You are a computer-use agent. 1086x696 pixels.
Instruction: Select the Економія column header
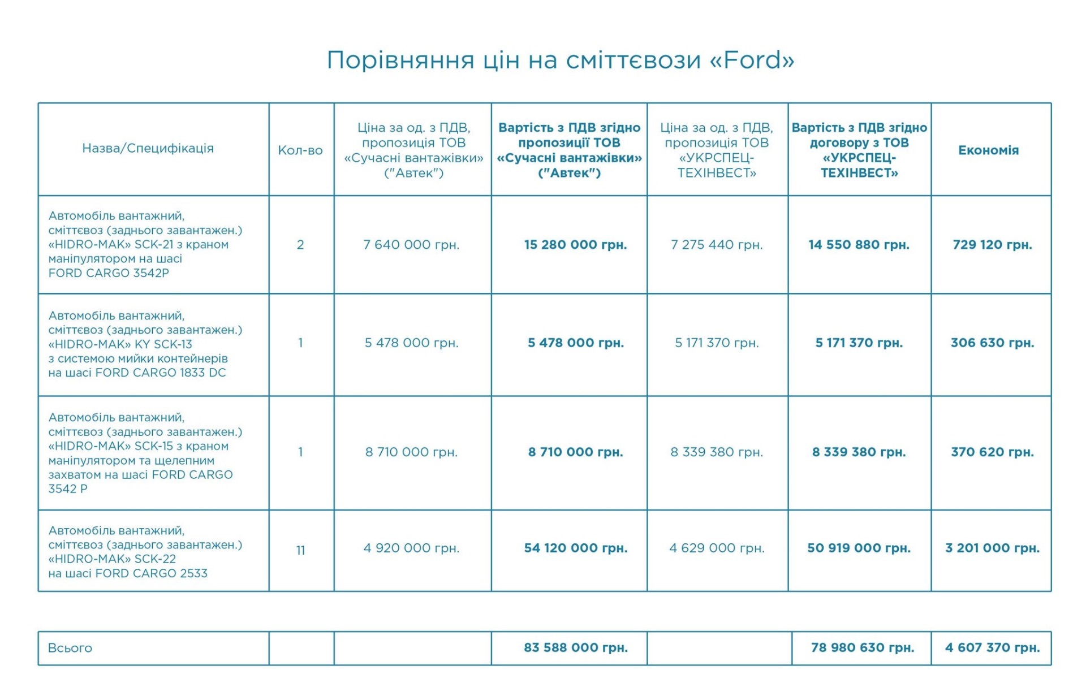point(988,150)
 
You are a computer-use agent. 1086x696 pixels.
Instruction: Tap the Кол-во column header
point(300,150)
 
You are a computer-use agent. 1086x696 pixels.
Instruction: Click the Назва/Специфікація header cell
point(148,148)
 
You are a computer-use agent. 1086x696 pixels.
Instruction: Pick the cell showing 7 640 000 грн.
point(411,245)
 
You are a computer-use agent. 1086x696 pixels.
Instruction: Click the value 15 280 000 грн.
point(575,245)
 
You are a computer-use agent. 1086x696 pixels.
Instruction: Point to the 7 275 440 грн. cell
point(717,245)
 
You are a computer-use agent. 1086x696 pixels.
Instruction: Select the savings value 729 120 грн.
point(992,245)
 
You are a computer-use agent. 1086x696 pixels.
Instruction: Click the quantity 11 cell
point(300,550)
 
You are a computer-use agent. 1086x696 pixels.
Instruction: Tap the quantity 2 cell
point(300,245)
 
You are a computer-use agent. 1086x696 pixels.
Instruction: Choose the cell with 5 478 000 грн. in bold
point(575,343)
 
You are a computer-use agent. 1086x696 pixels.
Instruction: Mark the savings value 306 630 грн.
point(992,343)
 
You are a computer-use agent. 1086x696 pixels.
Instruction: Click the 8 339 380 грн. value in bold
point(859,452)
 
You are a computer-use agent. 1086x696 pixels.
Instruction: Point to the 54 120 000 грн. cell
point(575,548)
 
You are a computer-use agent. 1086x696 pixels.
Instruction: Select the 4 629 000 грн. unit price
point(717,548)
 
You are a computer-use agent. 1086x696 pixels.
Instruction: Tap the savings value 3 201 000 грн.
point(992,548)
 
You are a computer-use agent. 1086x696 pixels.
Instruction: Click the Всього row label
point(70,648)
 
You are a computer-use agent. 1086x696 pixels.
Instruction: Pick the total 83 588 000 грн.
point(575,648)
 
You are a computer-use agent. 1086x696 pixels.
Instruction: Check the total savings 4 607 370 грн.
point(992,648)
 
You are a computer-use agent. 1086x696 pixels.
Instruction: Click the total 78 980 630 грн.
point(862,648)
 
